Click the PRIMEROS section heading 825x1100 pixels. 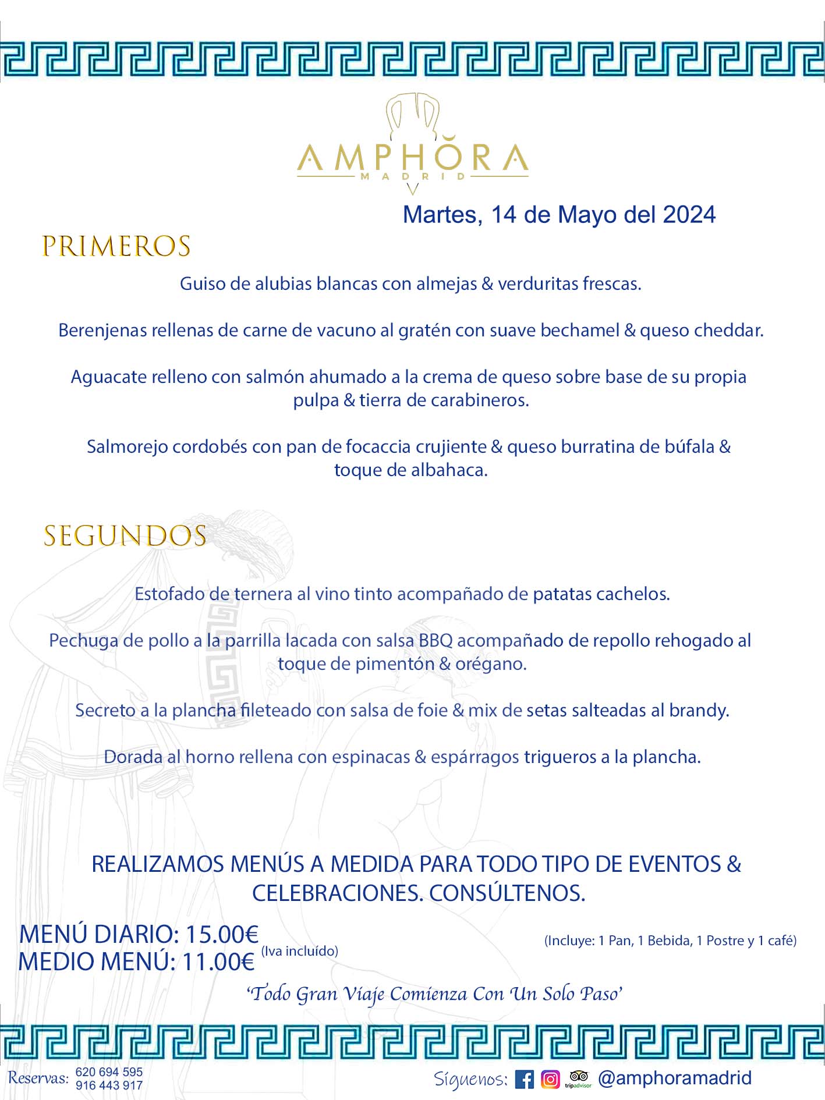tap(116, 246)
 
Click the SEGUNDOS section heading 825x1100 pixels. tap(125, 536)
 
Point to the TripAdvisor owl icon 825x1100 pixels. tap(578, 1077)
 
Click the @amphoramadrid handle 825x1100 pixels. tap(675, 1078)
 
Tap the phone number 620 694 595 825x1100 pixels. tap(109, 1072)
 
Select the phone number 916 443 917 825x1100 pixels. tap(109, 1085)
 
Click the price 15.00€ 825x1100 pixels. tap(222, 934)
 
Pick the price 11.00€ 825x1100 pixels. tap(218, 961)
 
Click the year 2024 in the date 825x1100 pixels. tap(689, 215)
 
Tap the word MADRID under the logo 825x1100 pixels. tap(412, 176)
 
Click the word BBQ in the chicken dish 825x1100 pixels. tap(435, 640)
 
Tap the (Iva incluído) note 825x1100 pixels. tap(299, 951)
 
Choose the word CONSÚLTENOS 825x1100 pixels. tap(507, 893)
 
